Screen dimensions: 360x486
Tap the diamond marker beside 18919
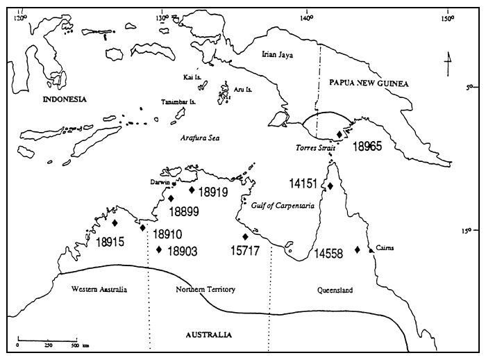(x=192, y=189)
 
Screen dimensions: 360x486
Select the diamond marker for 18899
(x=171, y=198)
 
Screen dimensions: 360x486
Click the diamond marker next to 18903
(x=159, y=249)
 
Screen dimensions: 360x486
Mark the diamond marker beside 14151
(x=330, y=186)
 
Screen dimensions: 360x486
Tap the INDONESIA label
(x=65, y=99)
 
